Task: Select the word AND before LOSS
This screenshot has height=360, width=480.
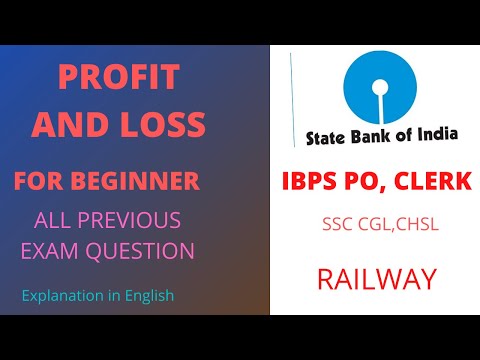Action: pos(85,125)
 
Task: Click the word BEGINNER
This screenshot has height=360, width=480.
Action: pos(151,182)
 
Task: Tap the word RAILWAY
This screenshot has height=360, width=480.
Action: pos(377,279)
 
